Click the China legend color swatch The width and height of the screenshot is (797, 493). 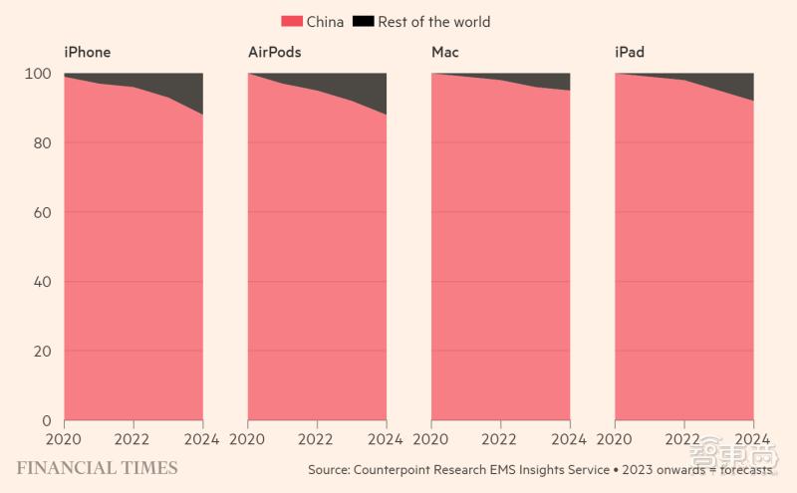click(x=291, y=21)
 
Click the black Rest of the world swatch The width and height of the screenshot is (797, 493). click(x=363, y=21)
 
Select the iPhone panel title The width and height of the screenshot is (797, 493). click(x=87, y=52)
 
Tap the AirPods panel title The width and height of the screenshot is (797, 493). click(x=274, y=52)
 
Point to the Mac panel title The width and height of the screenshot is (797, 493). click(x=445, y=52)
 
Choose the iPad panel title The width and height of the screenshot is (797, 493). click(x=630, y=52)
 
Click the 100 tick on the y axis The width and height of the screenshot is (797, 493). click(x=37, y=74)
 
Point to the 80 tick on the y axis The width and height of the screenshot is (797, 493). click(x=41, y=143)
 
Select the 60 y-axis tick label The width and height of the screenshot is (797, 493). click(x=41, y=213)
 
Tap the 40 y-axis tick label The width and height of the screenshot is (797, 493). click(x=41, y=282)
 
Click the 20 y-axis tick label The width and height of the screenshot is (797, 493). click(x=41, y=352)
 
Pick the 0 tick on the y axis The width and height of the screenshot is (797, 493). click(x=45, y=421)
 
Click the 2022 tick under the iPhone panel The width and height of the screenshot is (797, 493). click(x=133, y=438)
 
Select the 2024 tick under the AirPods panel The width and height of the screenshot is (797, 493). click(x=386, y=438)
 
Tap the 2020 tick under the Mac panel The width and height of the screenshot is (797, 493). click(x=431, y=438)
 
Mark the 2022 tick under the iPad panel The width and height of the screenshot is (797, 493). click(x=683, y=438)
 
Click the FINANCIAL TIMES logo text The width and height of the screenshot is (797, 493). click(x=97, y=468)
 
